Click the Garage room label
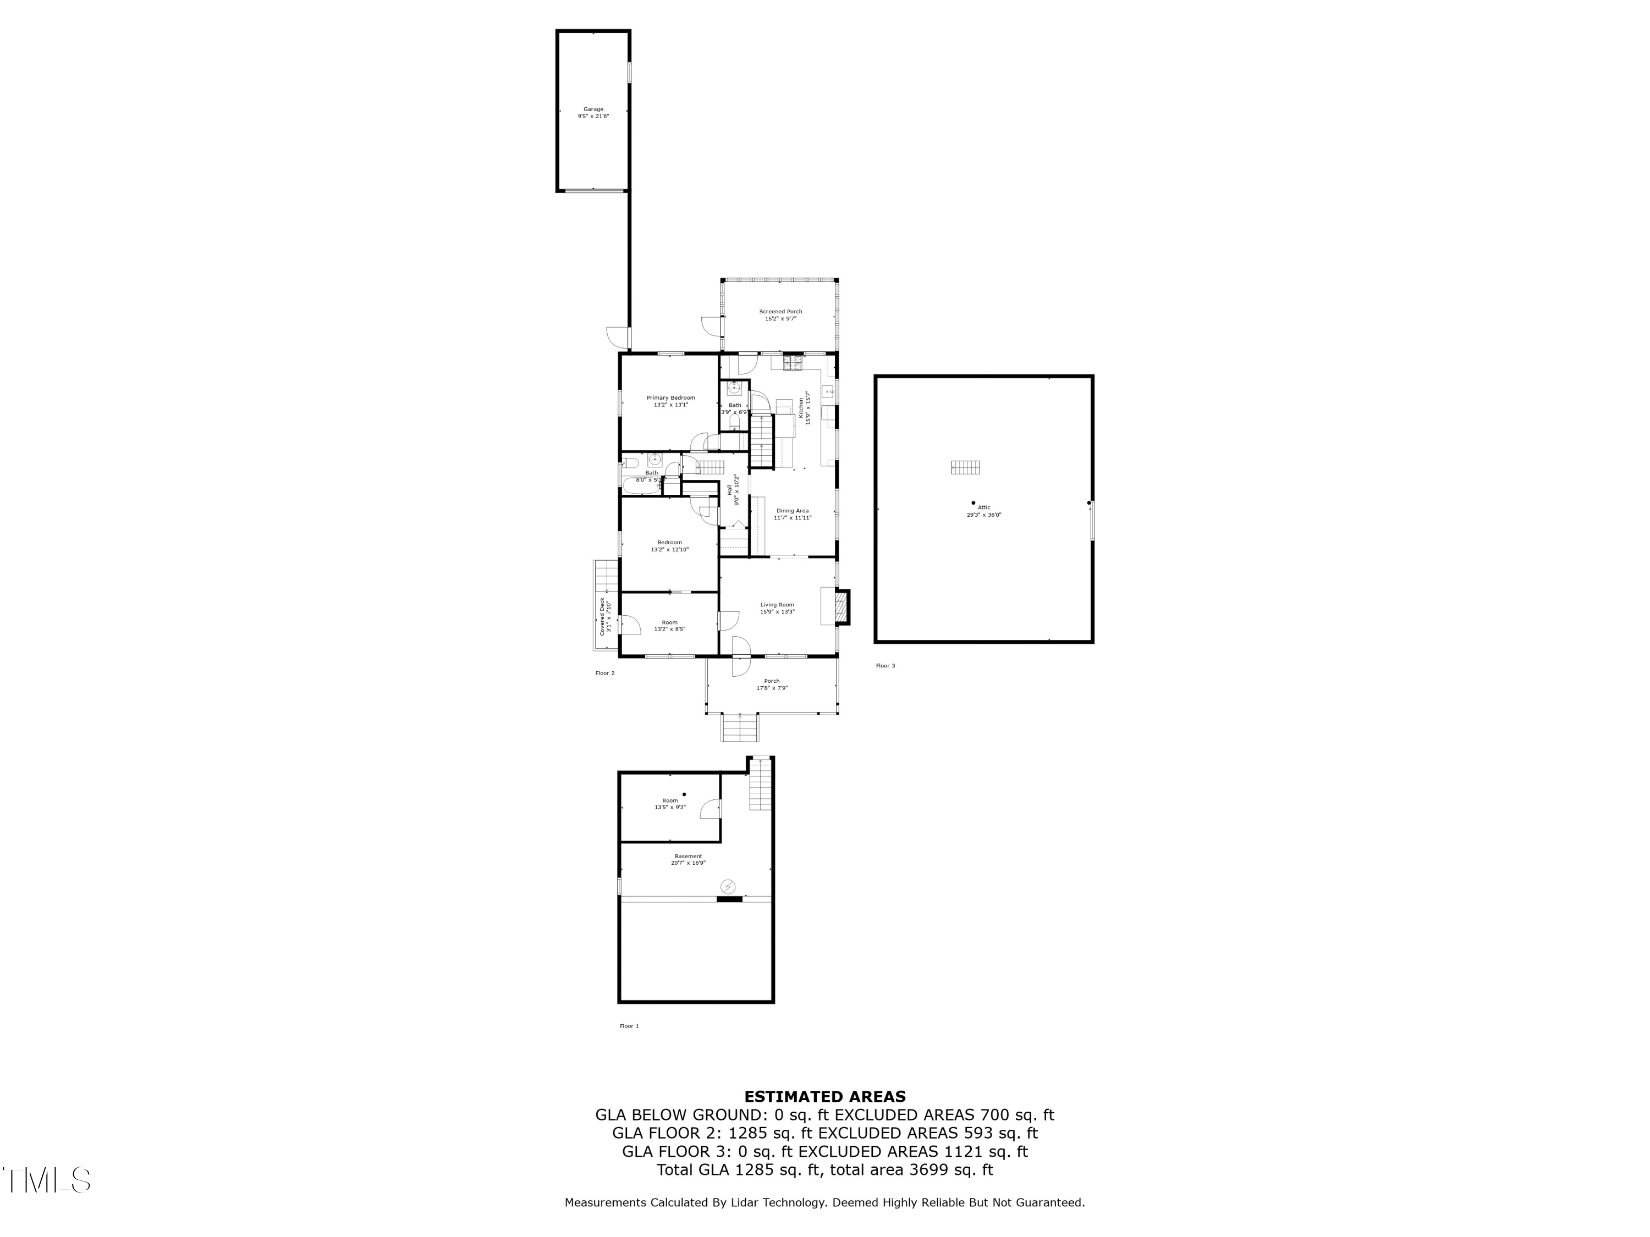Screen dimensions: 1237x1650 [x=593, y=109]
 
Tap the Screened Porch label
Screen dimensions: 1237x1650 [x=780, y=312]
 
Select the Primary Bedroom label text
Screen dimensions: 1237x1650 [x=670, y=398]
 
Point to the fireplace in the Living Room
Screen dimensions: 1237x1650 [x=842, y=607]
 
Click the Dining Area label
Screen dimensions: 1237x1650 [x=792, y=511]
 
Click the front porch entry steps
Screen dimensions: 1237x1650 [x=740, y=728]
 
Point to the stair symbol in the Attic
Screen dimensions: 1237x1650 [x=965, y=467]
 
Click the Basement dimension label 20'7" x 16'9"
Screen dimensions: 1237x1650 [x=687, y=863]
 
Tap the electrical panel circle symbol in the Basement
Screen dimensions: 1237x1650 [x=727, y=887]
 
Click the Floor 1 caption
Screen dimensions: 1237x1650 [x=629, y=1026]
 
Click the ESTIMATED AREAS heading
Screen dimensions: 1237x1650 [x=824, y=1097]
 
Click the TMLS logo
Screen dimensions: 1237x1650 [x=46, y=1180]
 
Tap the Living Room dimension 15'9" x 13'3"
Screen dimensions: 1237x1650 [x=777, y=612]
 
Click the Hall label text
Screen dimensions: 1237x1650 [x=729, y=490]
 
